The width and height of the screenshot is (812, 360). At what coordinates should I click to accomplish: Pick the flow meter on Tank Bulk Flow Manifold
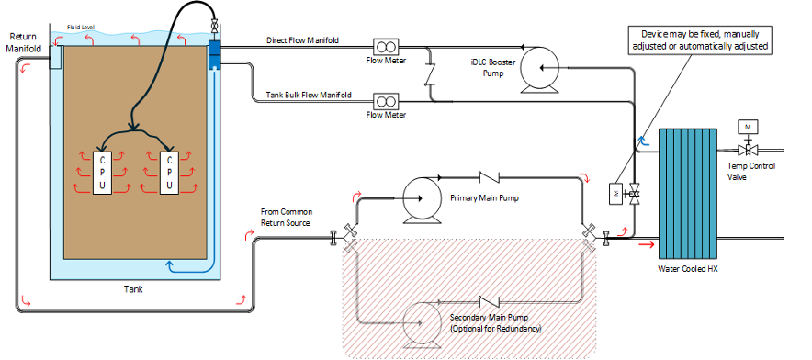pyautogui.click(x=384, y=98)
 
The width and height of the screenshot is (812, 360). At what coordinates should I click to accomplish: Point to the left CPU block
pyautogui.click(x=103, y=173)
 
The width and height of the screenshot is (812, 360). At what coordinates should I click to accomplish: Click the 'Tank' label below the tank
pyautogui.click(x=133, y=289)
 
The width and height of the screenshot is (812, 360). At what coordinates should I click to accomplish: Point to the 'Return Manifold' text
pyautogui.click(x=25, y=43)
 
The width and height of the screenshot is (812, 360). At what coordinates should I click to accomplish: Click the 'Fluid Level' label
pyautogui.click(x=82, y=28)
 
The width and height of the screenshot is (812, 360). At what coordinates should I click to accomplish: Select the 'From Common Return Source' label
pyautogui.click(x=288, y=217)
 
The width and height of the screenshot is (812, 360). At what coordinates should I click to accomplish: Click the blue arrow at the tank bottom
pyautogui.click(x=171, y=266)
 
